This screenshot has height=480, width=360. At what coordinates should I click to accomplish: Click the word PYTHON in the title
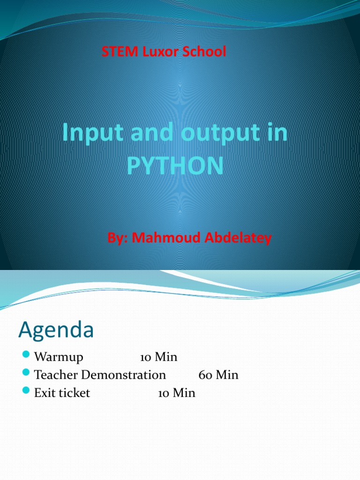(x=175, y=166)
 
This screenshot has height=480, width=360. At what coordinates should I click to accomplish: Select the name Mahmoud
(x=163, y=238)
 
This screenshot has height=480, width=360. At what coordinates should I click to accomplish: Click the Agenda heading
(x=56, y=330)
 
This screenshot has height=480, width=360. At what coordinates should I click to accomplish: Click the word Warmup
(x=59, y=357)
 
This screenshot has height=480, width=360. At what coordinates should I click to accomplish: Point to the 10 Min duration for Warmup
(x=158, y=357)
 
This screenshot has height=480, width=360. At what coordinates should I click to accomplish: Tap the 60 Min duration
(x=218, y=375)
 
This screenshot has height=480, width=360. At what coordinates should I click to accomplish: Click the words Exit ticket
(x=62, y=393)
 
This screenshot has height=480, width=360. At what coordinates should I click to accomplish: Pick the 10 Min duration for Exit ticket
(x=176, y=393)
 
